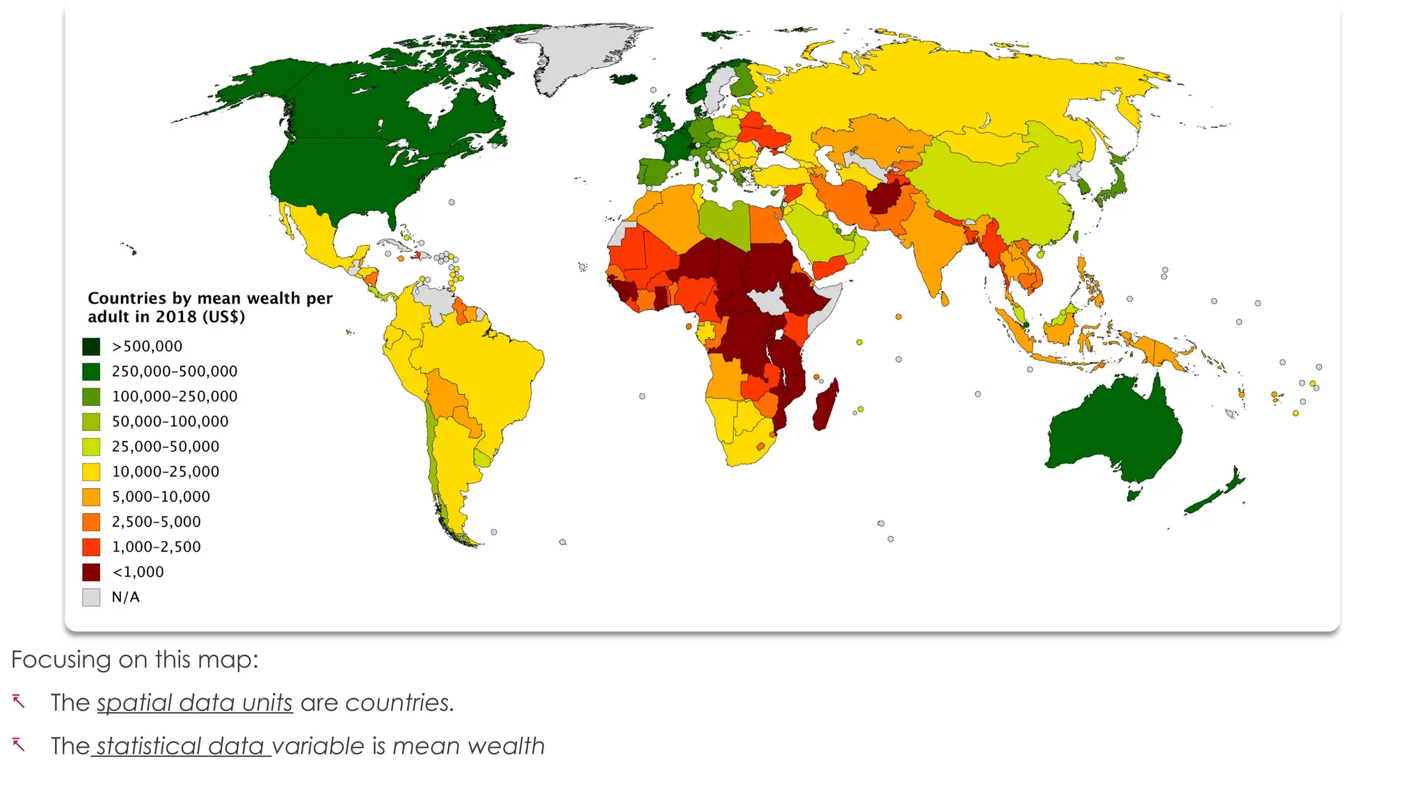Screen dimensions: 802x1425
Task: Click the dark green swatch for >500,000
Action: pyautogui.click(x=91, y=347)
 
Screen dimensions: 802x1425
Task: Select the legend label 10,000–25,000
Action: pyautogui.click(x=166, y=472)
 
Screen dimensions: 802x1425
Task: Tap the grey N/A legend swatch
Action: pyautogui.click(x=91, y=597)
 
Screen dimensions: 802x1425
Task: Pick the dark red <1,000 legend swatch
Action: pyautogui.click(x=91, y=572)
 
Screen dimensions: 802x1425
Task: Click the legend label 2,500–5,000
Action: pyautogui.click(x=157, y=522)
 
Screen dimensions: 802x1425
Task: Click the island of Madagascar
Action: pyautogui.click(x=825, y=405)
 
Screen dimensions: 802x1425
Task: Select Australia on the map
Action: pyautogui.click(x=1113, y=432)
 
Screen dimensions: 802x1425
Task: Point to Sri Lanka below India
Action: pyautogui.click(x=944, y=300)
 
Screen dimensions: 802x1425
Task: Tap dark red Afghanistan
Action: pyautogui.click(x=885, y=198)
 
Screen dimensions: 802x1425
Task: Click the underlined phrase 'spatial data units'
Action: pyautogui.click(x=195, y=703)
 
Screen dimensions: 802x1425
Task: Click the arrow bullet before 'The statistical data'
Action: pyautogui.click(x=19, y=745)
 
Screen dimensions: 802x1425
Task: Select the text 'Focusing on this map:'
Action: pyautogui.click(x=135, y=659)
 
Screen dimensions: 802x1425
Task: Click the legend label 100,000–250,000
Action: pyautogui.click(x=175, y=397)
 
